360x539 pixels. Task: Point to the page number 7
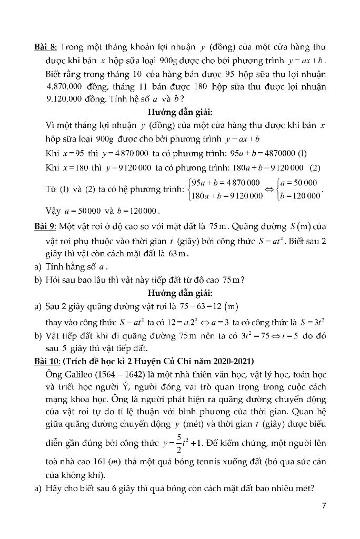click(x=324, y=506)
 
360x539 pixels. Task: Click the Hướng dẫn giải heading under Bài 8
click(x=179, y=112)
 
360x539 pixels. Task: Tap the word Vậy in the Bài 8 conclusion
click(x=53, y=211)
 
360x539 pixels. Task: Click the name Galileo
click(x=79, y=374)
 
